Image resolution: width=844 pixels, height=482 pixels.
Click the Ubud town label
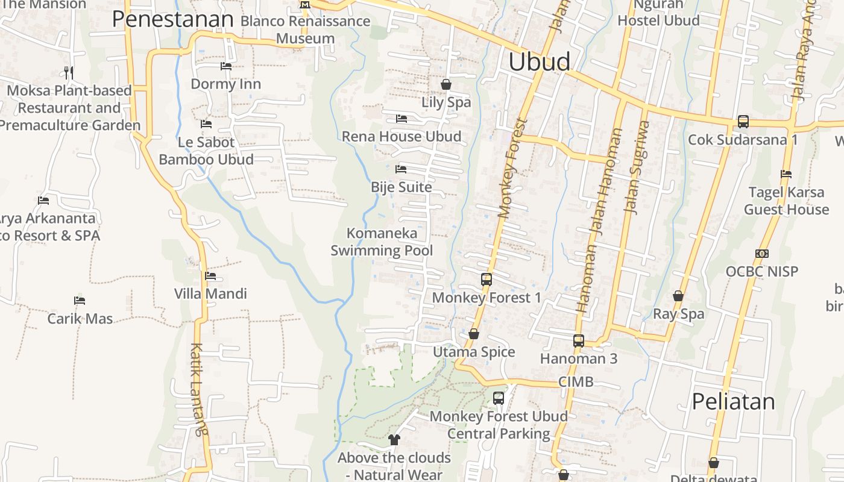pyautogui.click(x=539, y=62)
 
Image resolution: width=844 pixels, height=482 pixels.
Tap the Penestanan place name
pyautogui.click(x=172, y=19)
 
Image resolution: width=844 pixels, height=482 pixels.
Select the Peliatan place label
pyautogui.click(x=733, y=401)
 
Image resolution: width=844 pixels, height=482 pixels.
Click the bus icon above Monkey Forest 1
pyautogui.click(x=487, y=280)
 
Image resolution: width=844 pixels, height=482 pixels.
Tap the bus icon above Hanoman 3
pyautogui.click(x=579, y=341)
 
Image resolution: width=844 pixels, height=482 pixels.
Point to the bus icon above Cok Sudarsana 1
pyautogui.click(x=743, y=122)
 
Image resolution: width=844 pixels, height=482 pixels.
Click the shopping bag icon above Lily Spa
pyautogui.click(x=446, y=84)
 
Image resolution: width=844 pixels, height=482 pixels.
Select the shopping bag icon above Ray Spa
pyautogui.click(x=678, y=296)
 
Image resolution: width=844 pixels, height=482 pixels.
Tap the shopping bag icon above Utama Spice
pyautogui.click(x=474, y=334)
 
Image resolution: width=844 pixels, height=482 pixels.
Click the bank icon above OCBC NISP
pyautogui.click(x=762, y=254)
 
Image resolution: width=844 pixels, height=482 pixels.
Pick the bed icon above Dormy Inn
pyautogui.click(x=226, y=66)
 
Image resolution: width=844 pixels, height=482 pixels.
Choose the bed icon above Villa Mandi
pyautogui.click(x=210, y=276)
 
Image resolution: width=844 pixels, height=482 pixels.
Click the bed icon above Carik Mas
pyautogui.click(x=80, y=300)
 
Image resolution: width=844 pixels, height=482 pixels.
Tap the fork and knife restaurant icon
pyautogui.click(x=69, y=73)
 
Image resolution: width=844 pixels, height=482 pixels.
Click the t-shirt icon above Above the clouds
pyautogui.click(x=394, y=440)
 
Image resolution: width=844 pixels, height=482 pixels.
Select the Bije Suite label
pyautogui.click(x=402, y=187)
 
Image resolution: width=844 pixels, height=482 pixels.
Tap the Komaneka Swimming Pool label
pyautogui.click(x=382, y=242)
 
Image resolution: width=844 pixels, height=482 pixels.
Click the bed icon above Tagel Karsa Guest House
pyautogui.click(x=786, y=174)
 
